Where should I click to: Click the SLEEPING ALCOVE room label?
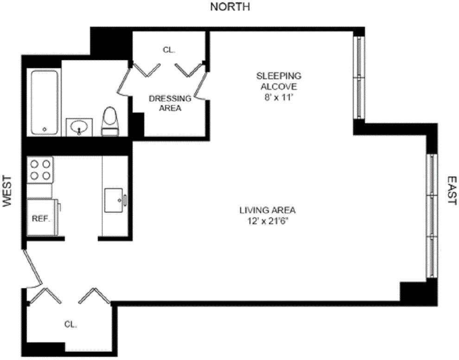279,81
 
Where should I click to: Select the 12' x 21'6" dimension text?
268,221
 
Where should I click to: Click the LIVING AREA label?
268,210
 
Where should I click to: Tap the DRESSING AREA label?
170,103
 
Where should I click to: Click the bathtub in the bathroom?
45,102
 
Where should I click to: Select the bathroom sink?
79,127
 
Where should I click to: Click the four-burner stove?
40,170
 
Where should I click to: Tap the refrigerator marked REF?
41,218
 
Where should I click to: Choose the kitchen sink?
115,200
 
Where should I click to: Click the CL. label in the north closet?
169,49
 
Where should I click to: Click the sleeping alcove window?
359,77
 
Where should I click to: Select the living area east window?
432,215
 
